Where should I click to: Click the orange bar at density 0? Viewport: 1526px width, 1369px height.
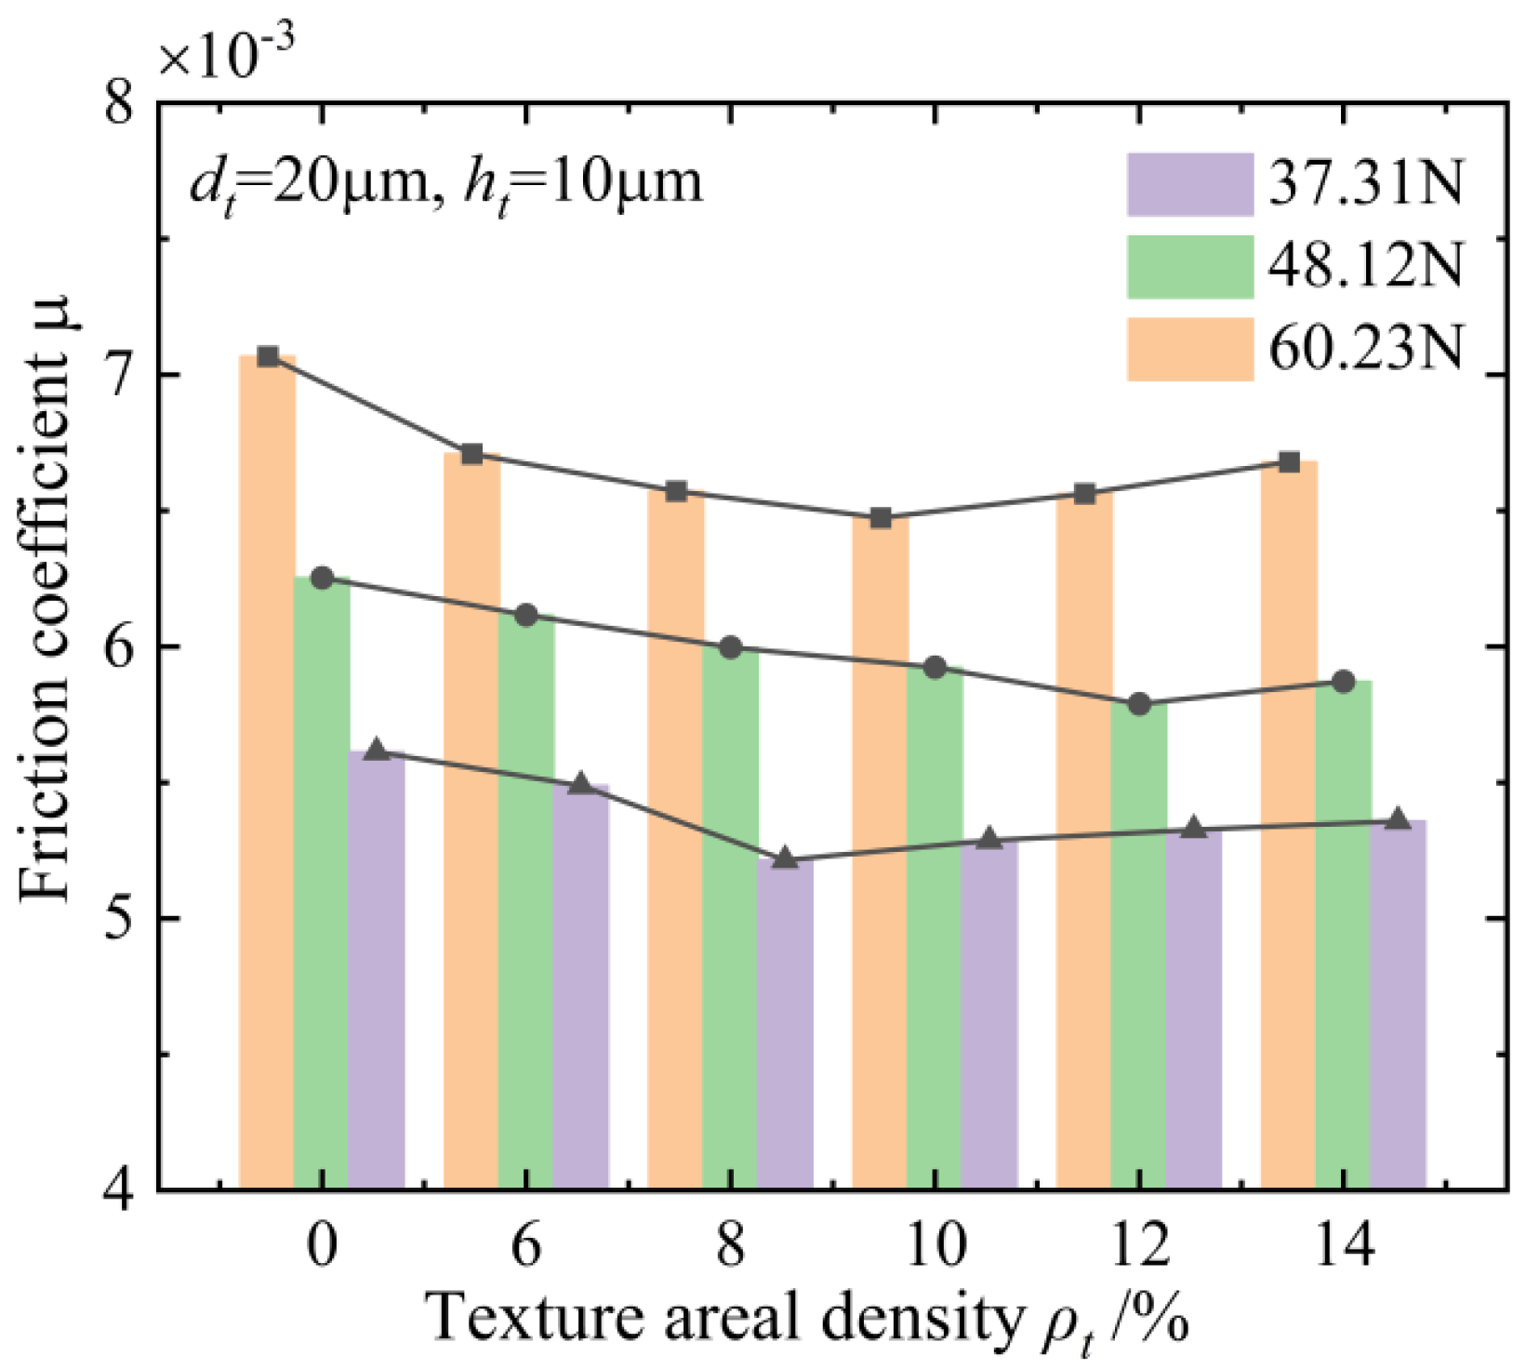267,772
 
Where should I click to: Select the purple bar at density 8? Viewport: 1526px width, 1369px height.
785,1023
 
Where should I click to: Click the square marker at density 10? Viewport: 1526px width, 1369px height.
881,518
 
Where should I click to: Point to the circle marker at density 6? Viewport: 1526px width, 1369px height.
526,615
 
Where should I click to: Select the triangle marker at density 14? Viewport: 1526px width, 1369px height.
1397,819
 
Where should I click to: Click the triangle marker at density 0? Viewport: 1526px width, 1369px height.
377,750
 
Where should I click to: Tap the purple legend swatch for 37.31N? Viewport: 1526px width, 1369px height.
1189,184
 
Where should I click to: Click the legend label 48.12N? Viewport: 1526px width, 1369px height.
1366,267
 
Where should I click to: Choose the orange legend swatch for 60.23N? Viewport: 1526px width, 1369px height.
1189,349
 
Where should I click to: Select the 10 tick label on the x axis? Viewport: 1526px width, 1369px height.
935,1246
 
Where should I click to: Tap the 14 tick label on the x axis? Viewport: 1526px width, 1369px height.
1343,1246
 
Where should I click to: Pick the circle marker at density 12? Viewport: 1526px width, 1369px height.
1139,704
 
